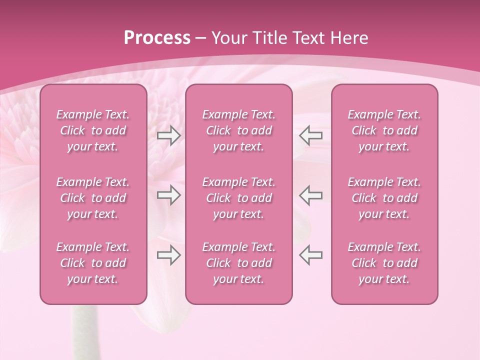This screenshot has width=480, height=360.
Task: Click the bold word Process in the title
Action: click(157, 38)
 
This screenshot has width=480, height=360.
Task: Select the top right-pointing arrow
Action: click(169, 135)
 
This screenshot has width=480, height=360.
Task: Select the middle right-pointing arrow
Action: click(169, 195)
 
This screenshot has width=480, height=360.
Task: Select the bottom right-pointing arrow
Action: click(169, 255)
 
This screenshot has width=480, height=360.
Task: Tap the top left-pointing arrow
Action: click(311, 135)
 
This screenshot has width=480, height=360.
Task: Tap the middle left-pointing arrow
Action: click(311, 195)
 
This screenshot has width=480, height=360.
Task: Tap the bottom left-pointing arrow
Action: click(311, 255)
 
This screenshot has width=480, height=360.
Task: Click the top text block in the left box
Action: click(93, 130)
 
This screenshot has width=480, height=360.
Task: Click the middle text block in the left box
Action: click(93, 198)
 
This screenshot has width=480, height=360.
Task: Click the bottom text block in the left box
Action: click(93, 263)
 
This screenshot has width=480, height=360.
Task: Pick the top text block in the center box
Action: click(239, 130)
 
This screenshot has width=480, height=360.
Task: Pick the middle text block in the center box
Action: click(239, 198)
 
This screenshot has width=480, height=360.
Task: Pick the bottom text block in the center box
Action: click(239, 263)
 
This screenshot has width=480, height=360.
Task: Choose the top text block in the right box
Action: click(384, 130)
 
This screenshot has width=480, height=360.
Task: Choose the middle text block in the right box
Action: click(384, 198)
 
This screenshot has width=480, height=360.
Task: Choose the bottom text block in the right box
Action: click(384, 263)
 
